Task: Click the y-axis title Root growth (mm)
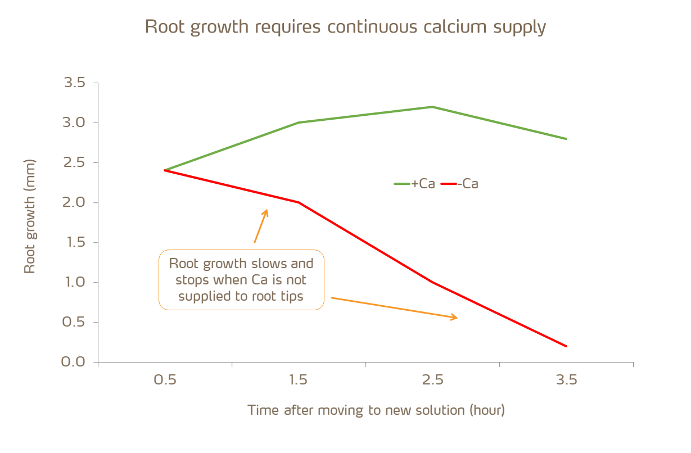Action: [30, 216]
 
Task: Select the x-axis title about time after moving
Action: [376, 410]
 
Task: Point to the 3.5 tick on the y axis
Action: [73, 83]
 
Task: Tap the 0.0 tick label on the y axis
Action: [73, 362]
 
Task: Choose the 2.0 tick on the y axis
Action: [73, 202]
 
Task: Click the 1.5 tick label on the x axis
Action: [299, 380]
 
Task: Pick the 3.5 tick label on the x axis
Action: [566, 380]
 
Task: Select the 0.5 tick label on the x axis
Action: [165, 380]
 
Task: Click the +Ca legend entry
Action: [415, 184]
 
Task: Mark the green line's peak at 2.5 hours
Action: [432, 107]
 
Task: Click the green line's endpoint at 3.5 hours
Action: [566, 139]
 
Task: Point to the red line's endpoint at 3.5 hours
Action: [566, 346]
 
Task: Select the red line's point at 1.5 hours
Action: [299, 202]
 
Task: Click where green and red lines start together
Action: [165, 170]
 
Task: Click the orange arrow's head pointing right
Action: [455, 318]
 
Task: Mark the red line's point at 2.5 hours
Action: [432, 282]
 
